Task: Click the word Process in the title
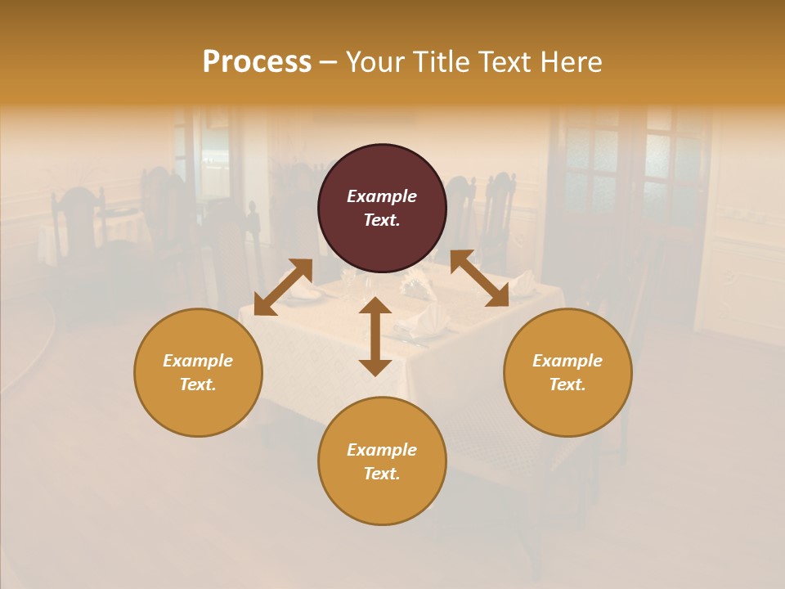[257, 62]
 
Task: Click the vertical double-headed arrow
[375, 336]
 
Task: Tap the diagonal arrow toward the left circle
[283, 287]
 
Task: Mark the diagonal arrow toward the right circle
[479, 279]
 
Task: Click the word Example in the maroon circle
[382, 196]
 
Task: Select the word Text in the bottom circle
[381, 474]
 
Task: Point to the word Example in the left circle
[198, 361]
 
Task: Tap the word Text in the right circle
[567, 384]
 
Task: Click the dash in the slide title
[329, 62]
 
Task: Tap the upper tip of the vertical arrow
[375, 300]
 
